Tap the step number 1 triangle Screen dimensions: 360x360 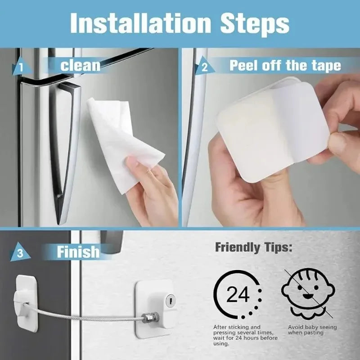pos(22,68)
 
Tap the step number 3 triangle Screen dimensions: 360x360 pos(21,253)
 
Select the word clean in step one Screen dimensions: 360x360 pos(80,65)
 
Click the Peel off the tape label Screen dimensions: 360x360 pos(285,65)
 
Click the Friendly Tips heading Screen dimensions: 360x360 pos(253,247)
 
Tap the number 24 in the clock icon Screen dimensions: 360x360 pos(238,295)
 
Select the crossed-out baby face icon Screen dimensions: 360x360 pos(305,292)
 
